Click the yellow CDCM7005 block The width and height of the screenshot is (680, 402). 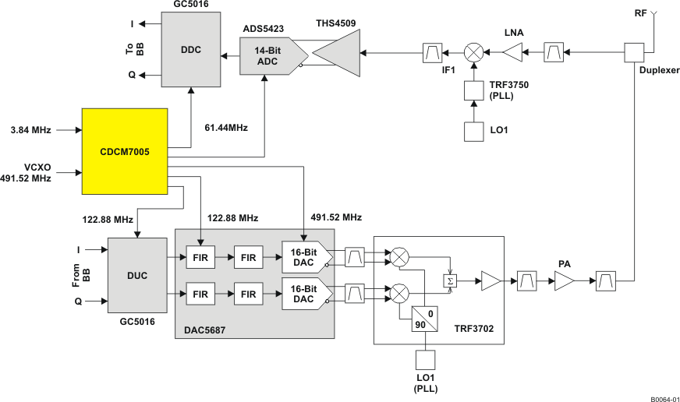125,151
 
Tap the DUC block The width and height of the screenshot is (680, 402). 136,275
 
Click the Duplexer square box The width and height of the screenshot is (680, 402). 634,52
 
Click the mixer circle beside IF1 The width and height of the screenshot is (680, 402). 473,53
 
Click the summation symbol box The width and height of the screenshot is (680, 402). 450,281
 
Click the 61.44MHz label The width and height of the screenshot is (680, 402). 226,126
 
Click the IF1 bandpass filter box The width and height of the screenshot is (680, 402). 432,53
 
